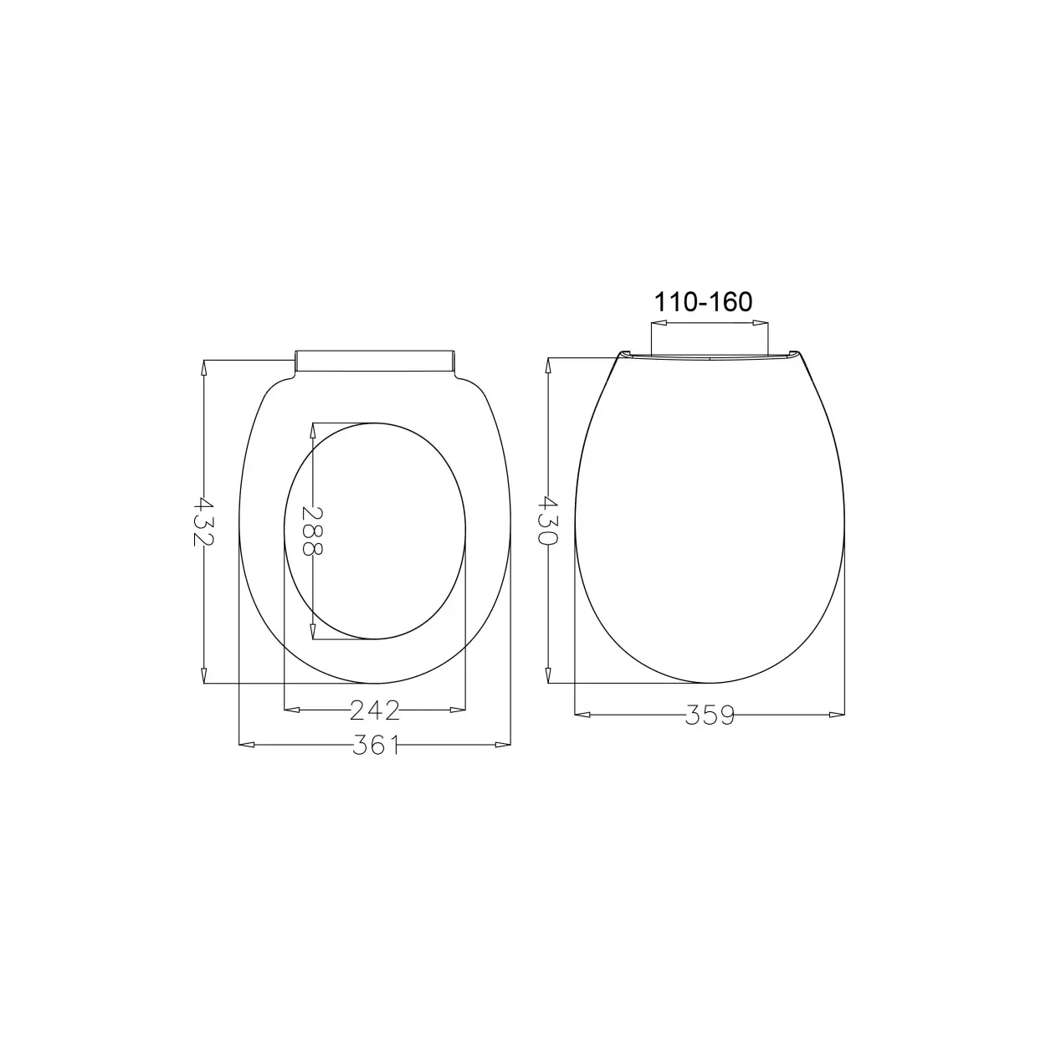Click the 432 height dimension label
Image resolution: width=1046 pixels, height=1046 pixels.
204,521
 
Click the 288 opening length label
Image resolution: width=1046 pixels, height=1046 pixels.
313,531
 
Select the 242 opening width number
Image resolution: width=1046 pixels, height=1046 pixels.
375,710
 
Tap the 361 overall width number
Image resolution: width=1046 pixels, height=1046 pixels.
376,745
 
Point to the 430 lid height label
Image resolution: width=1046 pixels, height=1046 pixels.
548,520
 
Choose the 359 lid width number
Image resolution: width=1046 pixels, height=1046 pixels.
710,715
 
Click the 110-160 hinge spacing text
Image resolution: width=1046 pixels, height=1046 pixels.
704,302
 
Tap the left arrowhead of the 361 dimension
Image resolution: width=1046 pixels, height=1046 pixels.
246,745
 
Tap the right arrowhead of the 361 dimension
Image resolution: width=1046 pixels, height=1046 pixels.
503,745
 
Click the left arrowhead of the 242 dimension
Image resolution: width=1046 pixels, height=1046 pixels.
292,710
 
